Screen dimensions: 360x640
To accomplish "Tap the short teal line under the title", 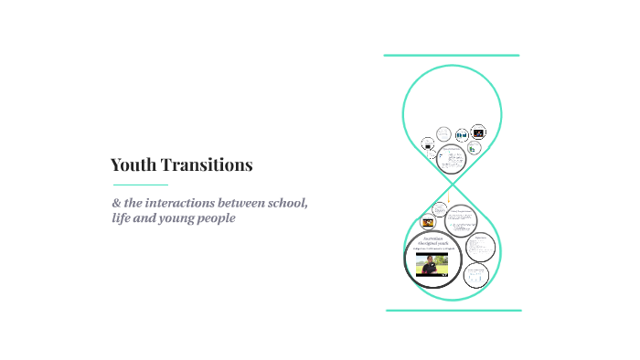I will pos(140,185).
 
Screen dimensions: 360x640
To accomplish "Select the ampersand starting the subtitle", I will pos(116,203).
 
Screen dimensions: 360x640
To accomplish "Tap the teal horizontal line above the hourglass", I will pos(452,56).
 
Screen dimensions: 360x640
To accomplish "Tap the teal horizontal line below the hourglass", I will pos(453,311).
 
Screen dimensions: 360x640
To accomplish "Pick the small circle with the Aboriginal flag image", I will pos(427,222).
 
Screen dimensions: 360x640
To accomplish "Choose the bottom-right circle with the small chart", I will pos(476,275).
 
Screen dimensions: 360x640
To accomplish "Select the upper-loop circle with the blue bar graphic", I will pos(462,134).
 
